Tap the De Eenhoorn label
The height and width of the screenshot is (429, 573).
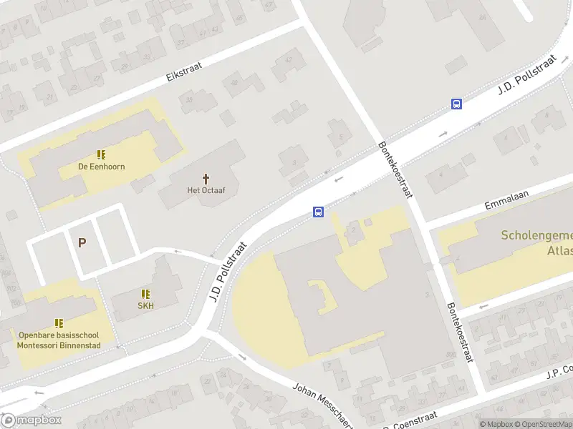101,167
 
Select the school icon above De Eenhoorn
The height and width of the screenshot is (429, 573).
101,154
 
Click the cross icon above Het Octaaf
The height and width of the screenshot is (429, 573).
206,178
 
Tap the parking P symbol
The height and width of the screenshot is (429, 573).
82,243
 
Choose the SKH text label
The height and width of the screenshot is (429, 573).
146,305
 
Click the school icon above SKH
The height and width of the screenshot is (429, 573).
146,294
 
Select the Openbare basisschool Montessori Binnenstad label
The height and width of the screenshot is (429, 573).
59,340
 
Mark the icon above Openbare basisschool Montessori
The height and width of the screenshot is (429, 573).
59,323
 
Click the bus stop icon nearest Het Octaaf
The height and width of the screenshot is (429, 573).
318,212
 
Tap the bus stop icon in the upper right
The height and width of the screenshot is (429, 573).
456,104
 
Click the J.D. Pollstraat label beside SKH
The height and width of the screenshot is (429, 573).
228,272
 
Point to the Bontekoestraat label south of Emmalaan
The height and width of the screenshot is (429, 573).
458,331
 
